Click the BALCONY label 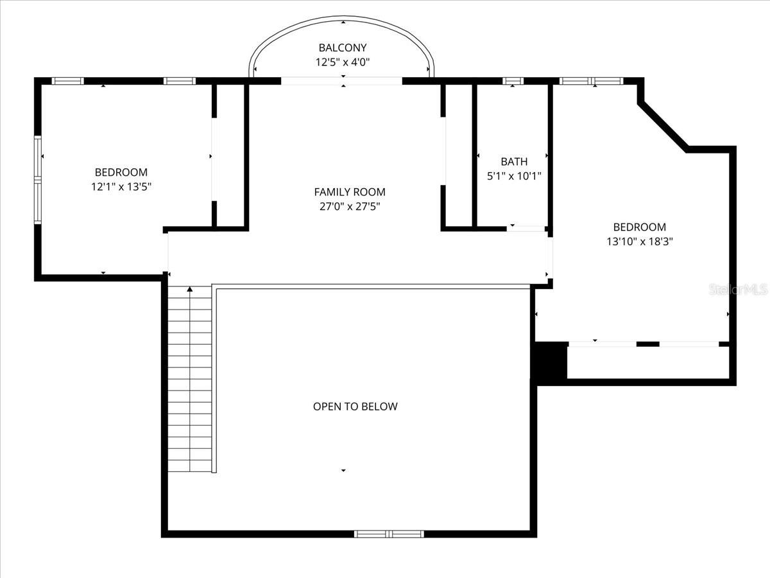(x=343, y=48)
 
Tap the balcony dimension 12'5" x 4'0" (x=343, y=62)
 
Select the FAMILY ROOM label (x=350, y=191)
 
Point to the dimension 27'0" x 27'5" (x=350, y=206)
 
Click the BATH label (x=514, y=162)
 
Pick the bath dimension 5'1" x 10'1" (x=514, y=176)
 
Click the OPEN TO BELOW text (x=355, y=407)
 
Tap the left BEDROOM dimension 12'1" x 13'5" (x=121, y=186)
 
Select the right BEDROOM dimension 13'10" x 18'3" (x=640, y=241)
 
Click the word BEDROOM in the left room (x=121, y=172)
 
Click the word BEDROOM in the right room (x=640, y=227)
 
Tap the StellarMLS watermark (x=738, y=290)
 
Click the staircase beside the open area (x=190, y=385)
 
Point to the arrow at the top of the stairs (x=190, y=290)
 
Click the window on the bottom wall (x=389, y=533)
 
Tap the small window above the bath (x=513, y=81)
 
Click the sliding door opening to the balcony (x=342, y=81)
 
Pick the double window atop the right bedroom (x=591, y=81)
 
